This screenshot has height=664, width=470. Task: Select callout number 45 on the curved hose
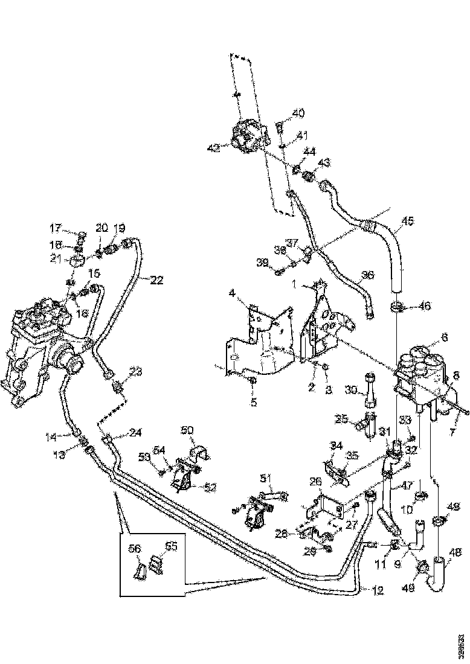(x=408, y=222)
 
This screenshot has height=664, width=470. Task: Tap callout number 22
(x=157, y=279)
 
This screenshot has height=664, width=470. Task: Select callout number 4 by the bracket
(x=232, y=295)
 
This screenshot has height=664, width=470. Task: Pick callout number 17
(x=56, y=228)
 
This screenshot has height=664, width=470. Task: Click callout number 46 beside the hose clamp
(x=425, y=307)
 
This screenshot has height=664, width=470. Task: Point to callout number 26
(x=316, y=482)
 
